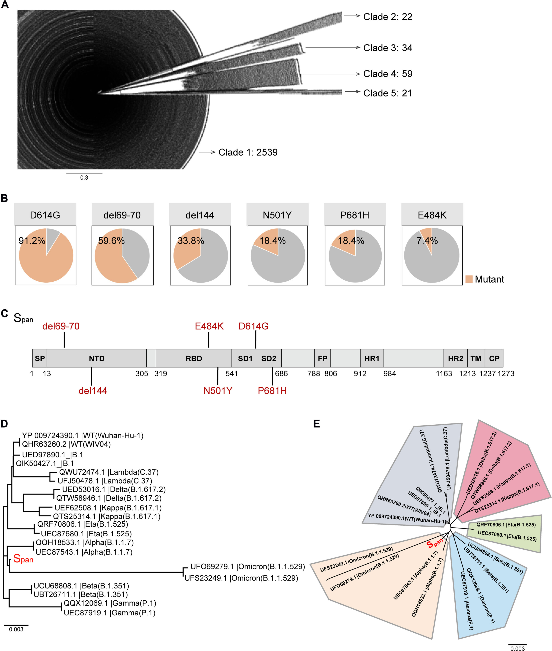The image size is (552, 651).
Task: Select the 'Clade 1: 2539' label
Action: tap(248, 152)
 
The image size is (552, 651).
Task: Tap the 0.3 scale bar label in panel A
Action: tap(84, 178)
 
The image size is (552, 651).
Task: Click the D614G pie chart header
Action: tap(45, 215)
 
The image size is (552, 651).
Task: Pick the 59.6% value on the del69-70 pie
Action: tap(111, 241)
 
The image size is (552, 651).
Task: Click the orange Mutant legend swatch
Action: tap(469, 279)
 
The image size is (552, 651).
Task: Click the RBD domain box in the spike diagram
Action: tap(194, 358)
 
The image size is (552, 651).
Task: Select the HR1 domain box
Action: tap(372, 358)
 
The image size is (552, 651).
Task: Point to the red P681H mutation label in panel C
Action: tap(272, 391)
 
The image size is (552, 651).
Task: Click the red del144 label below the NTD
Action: tap(93, 391)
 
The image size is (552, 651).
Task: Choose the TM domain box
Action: tap(476, 358)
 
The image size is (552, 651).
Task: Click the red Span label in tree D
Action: tap(23, 559)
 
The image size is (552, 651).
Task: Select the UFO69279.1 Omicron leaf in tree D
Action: tap(247, 566)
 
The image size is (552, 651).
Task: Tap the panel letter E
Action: tap(317, 424)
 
